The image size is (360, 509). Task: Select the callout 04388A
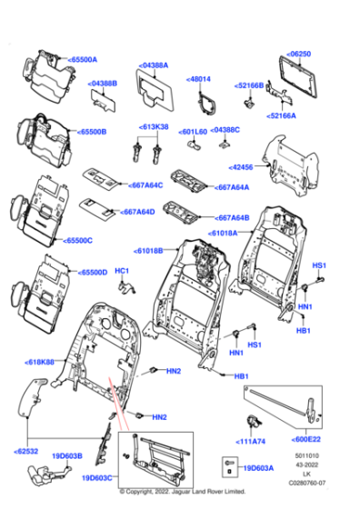[x=155, y=65]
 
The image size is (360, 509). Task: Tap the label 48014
[x=199, y=79]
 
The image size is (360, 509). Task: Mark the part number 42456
[x=242, y=167]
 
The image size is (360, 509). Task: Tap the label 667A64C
[x=145, y=185]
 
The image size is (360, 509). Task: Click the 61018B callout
[x=149, y=250]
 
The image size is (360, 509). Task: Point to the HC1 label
[x=122, y=272]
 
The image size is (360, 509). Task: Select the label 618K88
[x=37, y=362]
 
